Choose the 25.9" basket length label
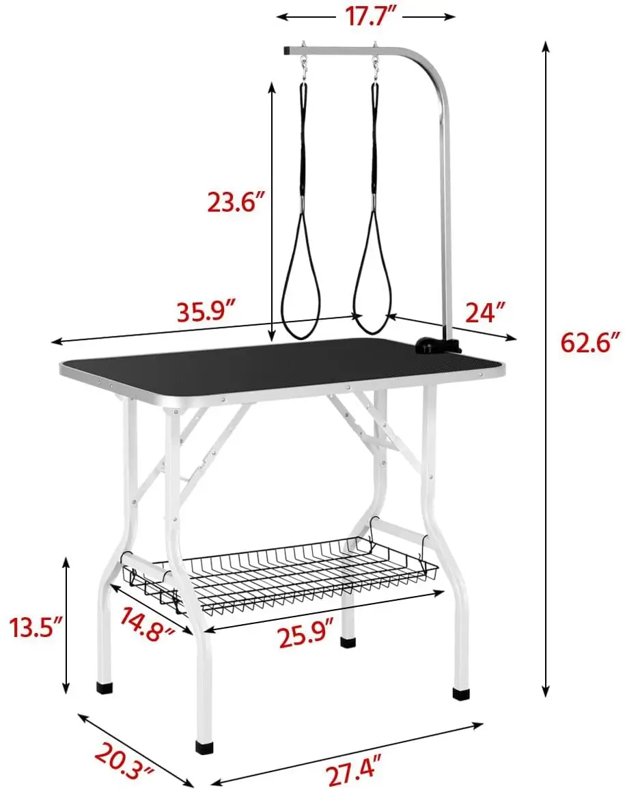[x=306, y=638]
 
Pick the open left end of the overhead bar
[x=287, y=51]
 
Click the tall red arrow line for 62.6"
[x=546, y=369]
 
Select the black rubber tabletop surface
[x=273, y=365]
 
